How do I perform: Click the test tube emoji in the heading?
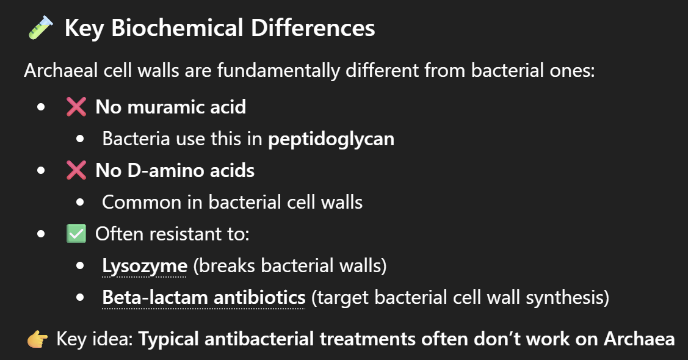pos(41,27)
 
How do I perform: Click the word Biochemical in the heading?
pos(177,27)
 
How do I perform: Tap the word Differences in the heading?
pos(313,27)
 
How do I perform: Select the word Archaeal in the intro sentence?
pos(60,71)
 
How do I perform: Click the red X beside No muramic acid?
pos(76,107)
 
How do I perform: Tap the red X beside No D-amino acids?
pos(76,171)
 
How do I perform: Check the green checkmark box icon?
pos(76,234)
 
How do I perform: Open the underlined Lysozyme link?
pos(145,266)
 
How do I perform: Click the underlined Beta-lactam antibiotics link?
pos(204,298)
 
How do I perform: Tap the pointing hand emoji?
pos(38,339)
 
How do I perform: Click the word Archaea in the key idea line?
pos(639,339)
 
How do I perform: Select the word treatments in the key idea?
pos(368,339)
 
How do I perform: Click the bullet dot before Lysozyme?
pos(80,265)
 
